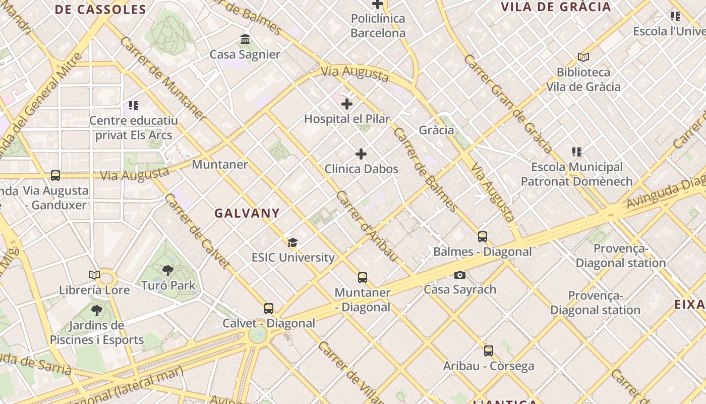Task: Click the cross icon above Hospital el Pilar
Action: pos(347,104)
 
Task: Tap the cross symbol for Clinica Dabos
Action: pos(361,154)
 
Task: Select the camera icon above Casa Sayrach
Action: pos(459,275)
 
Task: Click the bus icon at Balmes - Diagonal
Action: pos(483,236)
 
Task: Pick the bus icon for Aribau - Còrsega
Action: pos(488,350)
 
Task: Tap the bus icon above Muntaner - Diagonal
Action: pos(363,277)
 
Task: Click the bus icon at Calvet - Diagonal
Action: pos(269,308)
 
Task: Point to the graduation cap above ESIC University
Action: pos(292,243)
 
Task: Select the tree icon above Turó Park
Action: pos(168,271)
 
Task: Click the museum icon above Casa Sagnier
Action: pos(245,39)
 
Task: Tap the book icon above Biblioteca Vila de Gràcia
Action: pos(583,58)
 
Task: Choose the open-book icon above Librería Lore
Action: pos(94,275)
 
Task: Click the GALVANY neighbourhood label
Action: pos(247,213)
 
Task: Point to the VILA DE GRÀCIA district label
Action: pos(556,7)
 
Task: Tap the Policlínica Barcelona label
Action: pos(378,26)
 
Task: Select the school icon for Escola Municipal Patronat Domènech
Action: pos(577,151)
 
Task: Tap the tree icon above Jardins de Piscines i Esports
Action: pos(96,311)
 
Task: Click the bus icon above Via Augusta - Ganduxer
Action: pos(55,176)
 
